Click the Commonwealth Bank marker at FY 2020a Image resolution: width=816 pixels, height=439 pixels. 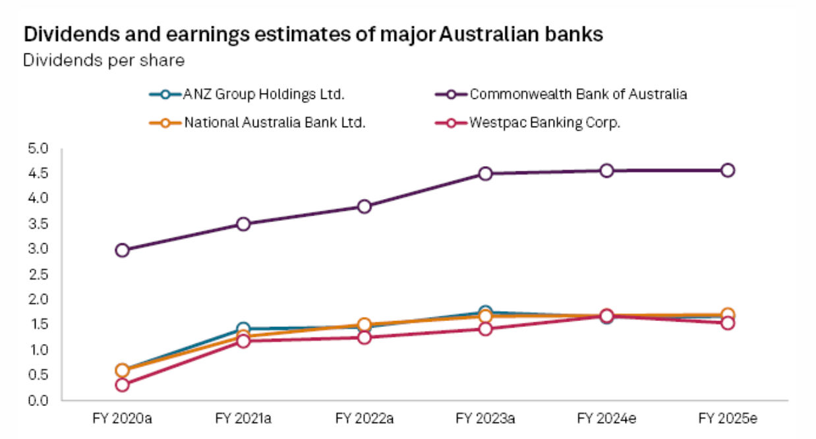tap(122, 250)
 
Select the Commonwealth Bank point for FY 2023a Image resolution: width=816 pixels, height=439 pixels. tap(485, 173)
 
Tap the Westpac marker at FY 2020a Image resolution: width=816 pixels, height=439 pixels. tap(122, 385)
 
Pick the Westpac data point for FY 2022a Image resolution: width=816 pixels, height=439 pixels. tap(364, 337)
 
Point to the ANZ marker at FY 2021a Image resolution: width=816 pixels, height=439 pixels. tap(243, 328)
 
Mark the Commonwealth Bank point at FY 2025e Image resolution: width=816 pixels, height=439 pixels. tap(728, 170)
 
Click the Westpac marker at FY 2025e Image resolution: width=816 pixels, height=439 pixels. tap(728, 323)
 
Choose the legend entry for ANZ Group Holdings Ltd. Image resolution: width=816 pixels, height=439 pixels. tap(264, 94)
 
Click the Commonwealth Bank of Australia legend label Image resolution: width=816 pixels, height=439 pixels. tap(578, 94)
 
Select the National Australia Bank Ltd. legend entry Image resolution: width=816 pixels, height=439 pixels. tap(274, 123)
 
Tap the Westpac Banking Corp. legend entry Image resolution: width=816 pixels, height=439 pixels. tap(544, 123)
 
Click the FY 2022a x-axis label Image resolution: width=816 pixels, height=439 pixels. tap(364, 418)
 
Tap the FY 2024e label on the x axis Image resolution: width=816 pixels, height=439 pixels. tap(606, 418)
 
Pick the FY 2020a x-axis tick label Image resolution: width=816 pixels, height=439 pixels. tap(122, 418)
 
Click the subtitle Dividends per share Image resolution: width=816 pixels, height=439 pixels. tap(103, 61)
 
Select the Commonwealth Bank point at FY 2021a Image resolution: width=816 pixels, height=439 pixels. tap(243, 224)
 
